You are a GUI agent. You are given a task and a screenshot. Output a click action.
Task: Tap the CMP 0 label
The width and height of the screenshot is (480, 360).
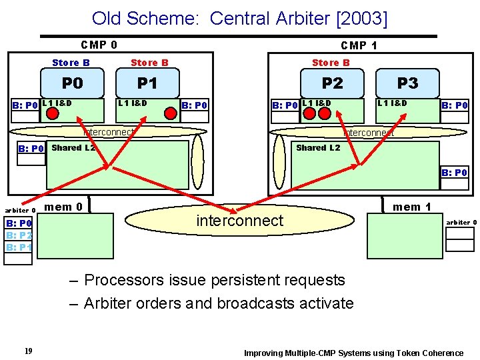click(x=99, y=45)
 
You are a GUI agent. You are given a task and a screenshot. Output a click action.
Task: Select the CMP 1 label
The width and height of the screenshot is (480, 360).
click(x=359, y=45)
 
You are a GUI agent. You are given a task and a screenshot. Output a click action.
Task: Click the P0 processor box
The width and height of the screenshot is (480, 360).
click(x=72, y=83)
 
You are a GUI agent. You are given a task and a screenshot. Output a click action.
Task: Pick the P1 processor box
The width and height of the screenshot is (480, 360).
click(x=147, y=83)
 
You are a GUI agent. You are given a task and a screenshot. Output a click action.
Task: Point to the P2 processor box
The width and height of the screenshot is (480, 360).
click(x=332, y=83)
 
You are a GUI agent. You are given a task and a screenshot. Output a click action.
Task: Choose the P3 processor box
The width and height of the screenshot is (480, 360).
click(x=407, y=83)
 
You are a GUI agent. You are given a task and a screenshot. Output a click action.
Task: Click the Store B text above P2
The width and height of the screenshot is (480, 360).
click(x=331, y=63)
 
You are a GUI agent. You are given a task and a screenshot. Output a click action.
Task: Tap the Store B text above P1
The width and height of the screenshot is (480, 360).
click(x=149, y=63)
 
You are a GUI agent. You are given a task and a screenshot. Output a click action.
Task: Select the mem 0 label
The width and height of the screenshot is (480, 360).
click(x=63, y=207)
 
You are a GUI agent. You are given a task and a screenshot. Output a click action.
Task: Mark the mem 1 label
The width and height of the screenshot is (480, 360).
click(x=411, y=207)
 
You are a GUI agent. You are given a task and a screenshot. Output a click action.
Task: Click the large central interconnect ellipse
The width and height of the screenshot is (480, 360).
click(x=240, y=221)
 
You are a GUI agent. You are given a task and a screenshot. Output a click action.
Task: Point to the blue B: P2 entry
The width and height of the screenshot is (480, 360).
click(x=19, y=235)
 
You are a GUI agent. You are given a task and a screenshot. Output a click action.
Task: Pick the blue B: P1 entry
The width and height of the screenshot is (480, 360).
click(x=19, y=247)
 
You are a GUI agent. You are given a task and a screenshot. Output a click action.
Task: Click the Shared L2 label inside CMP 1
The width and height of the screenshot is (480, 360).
click(x=317, y=148)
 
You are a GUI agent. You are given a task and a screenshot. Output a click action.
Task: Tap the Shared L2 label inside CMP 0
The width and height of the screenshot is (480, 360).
click(x=73, y=148)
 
